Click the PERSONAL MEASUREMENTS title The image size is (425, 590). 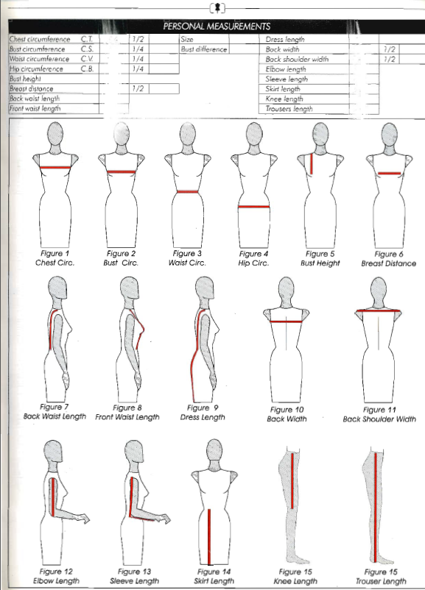217,26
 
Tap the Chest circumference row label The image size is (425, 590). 40,39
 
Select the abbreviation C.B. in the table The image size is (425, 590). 87,69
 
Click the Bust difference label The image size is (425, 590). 204,49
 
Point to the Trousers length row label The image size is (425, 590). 289,109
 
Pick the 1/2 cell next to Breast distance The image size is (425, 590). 138,88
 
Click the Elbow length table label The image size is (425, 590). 286,69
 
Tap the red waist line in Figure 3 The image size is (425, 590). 188,192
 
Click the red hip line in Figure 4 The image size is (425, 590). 254,207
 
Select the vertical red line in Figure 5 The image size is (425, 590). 312,164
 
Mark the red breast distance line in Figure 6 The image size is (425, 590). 389,174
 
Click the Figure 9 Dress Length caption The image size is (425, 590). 203,413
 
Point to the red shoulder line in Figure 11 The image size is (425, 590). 379,310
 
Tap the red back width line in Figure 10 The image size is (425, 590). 287,321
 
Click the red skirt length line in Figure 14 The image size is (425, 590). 209,536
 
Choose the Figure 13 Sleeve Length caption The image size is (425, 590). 135,576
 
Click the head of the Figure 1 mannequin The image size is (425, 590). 55,135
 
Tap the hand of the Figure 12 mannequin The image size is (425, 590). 84,518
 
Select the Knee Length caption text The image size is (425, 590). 295,581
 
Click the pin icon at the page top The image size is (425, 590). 217,7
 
